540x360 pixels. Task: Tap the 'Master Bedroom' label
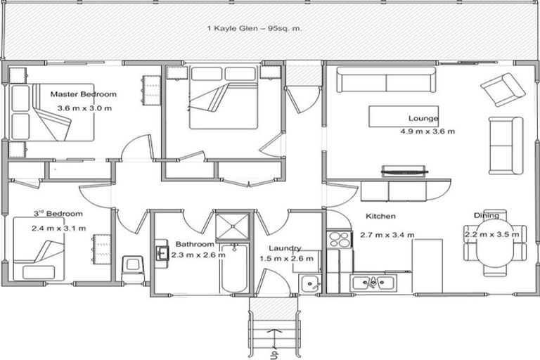(83, 94)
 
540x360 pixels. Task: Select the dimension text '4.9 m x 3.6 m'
(427, 131)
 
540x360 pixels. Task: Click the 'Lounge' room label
(423, 118)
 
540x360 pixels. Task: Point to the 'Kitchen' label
(380, 217)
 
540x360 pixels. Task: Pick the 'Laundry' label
(285, 248)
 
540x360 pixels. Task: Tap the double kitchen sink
(373, 283)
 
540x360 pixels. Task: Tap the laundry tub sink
(310, 283)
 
